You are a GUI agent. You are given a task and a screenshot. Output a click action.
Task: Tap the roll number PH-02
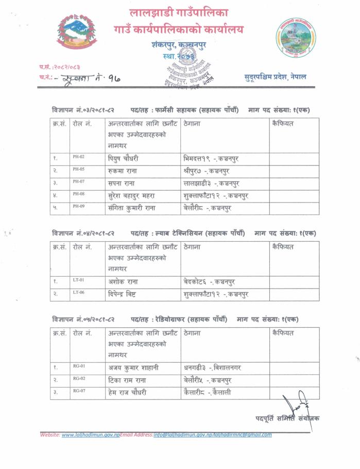(x=78, y=156)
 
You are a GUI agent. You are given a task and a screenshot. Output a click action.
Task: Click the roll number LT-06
(x=78, y=292)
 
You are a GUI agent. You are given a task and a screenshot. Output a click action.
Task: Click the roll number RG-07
(x=78, y=391)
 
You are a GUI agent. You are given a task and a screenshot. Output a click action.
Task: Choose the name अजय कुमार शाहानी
(x=133, y=368)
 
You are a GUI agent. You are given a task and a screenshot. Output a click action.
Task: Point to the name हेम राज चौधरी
(x=127, y=393)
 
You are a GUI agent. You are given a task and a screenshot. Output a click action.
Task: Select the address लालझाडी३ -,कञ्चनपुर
(x=211, y=183)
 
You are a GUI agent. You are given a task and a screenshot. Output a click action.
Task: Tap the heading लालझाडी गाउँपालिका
(x=179, y=12)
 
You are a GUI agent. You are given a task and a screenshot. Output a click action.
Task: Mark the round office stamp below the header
(x=188, y=72)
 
